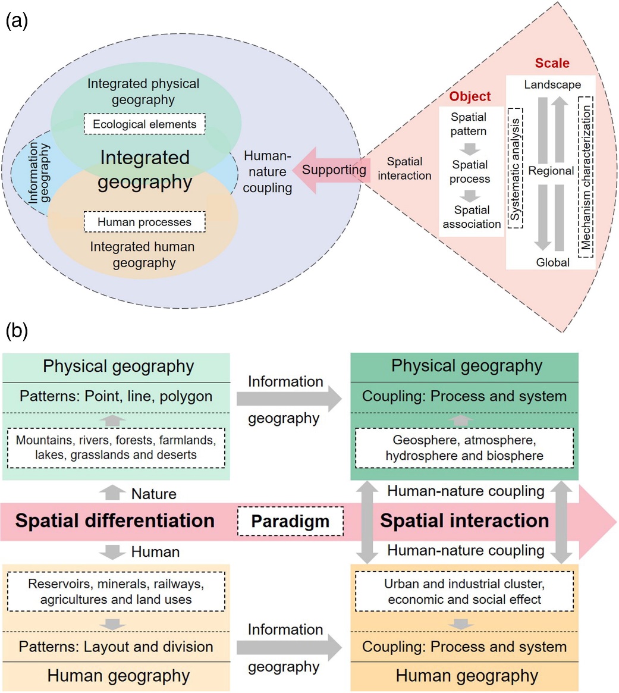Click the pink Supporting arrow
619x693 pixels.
(x=330, y=170)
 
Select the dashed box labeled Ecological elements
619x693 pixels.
(x=144, y=124)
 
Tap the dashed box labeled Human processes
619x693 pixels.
(x=144, y=222)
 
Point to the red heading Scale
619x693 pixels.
(x=552, y=63)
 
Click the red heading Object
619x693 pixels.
(x=470, y=96)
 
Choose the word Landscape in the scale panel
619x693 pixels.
(x=552, y=85)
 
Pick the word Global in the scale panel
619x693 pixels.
(x=552, y=262)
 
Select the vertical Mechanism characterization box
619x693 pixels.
(x=586, y=177)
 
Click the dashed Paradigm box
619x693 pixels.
(x=290, y=522)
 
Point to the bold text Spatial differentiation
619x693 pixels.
(x=115, y=520)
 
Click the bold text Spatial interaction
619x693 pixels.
(x=464, y=520)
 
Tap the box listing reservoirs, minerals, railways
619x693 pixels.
(x=116, y=592)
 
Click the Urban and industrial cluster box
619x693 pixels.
(x=464, y=592)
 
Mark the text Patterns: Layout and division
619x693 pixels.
(x=116, y=647)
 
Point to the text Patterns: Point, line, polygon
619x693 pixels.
(x=116, y=396)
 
